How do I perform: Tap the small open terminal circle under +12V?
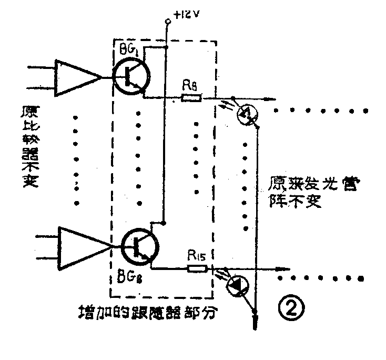pos(167,23)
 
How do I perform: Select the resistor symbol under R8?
pos(190,97)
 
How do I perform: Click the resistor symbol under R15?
pos(197,268)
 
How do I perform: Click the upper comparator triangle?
pos(77,78)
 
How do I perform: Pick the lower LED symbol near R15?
pos(238,286)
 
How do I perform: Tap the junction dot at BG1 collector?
pos(167,47)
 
